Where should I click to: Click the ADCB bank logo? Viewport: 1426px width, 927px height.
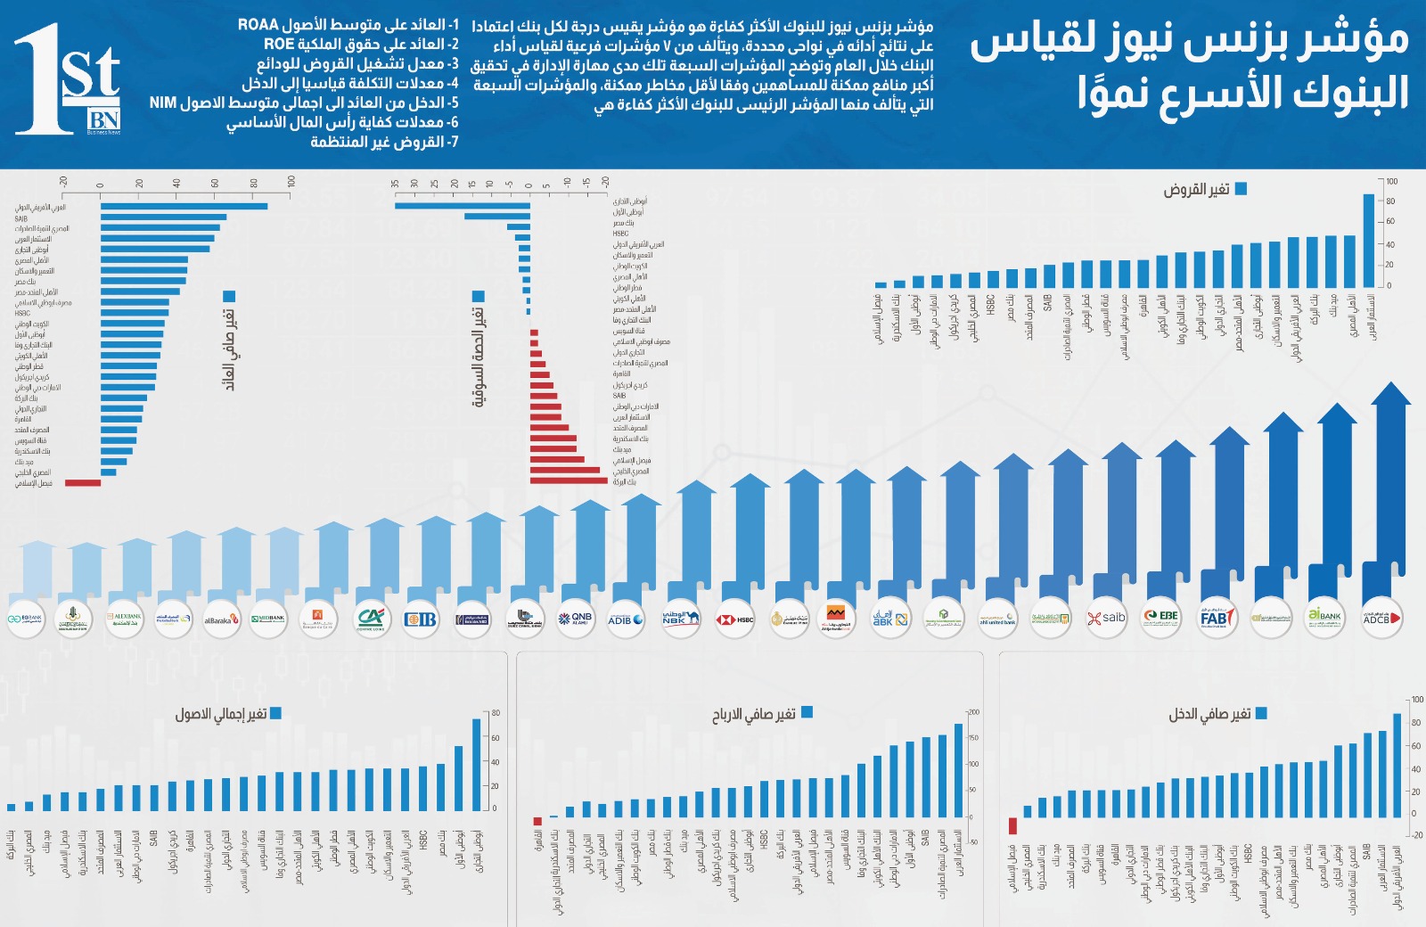click(1381, 617)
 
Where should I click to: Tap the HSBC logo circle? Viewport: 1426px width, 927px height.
click(735, 618)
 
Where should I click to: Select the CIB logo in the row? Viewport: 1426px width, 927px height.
click(420, 618)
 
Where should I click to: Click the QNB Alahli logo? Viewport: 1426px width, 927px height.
click(576, 618)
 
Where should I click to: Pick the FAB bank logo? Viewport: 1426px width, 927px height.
click(1217, 617)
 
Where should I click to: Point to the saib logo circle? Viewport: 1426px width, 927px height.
click(1107, 617)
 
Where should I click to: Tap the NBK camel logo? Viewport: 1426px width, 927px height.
click(681, 618)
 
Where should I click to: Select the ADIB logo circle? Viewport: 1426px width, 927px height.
click(627, 618)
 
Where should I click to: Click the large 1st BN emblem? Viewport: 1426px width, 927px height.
click(68, 80)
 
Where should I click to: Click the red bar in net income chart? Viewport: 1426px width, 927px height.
click(1012, 825)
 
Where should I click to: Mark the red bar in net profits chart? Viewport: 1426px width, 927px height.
click(537, 821)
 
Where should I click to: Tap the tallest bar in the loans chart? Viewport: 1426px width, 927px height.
click(1369, 240)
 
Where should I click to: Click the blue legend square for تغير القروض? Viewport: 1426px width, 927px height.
click(1241, 189)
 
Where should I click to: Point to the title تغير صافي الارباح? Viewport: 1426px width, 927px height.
click(753, 714)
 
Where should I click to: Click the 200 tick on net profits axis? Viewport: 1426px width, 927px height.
click(974, 712)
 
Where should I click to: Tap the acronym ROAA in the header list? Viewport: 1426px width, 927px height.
click(258, 25)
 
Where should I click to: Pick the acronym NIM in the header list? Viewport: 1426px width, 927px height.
click(163, 103)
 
